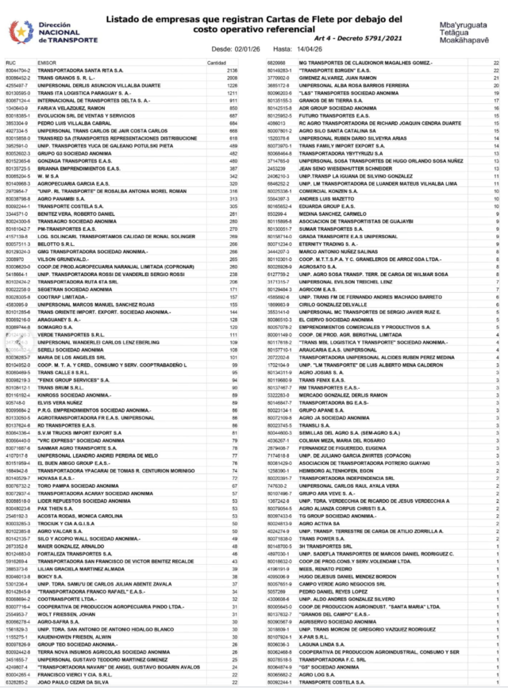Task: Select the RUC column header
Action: point(10,62)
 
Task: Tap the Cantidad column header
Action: point(217,62)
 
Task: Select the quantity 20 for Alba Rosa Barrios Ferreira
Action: point(496,86)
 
